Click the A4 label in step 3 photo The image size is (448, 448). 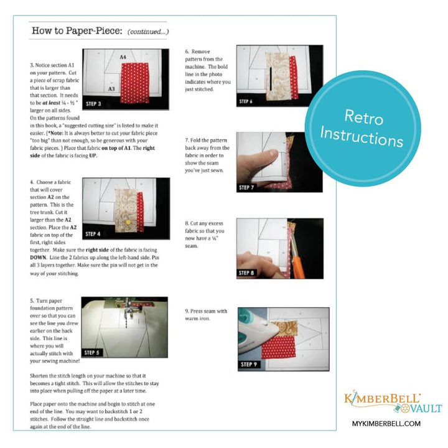tap(124, 57)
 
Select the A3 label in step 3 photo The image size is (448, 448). tap(111, 89)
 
